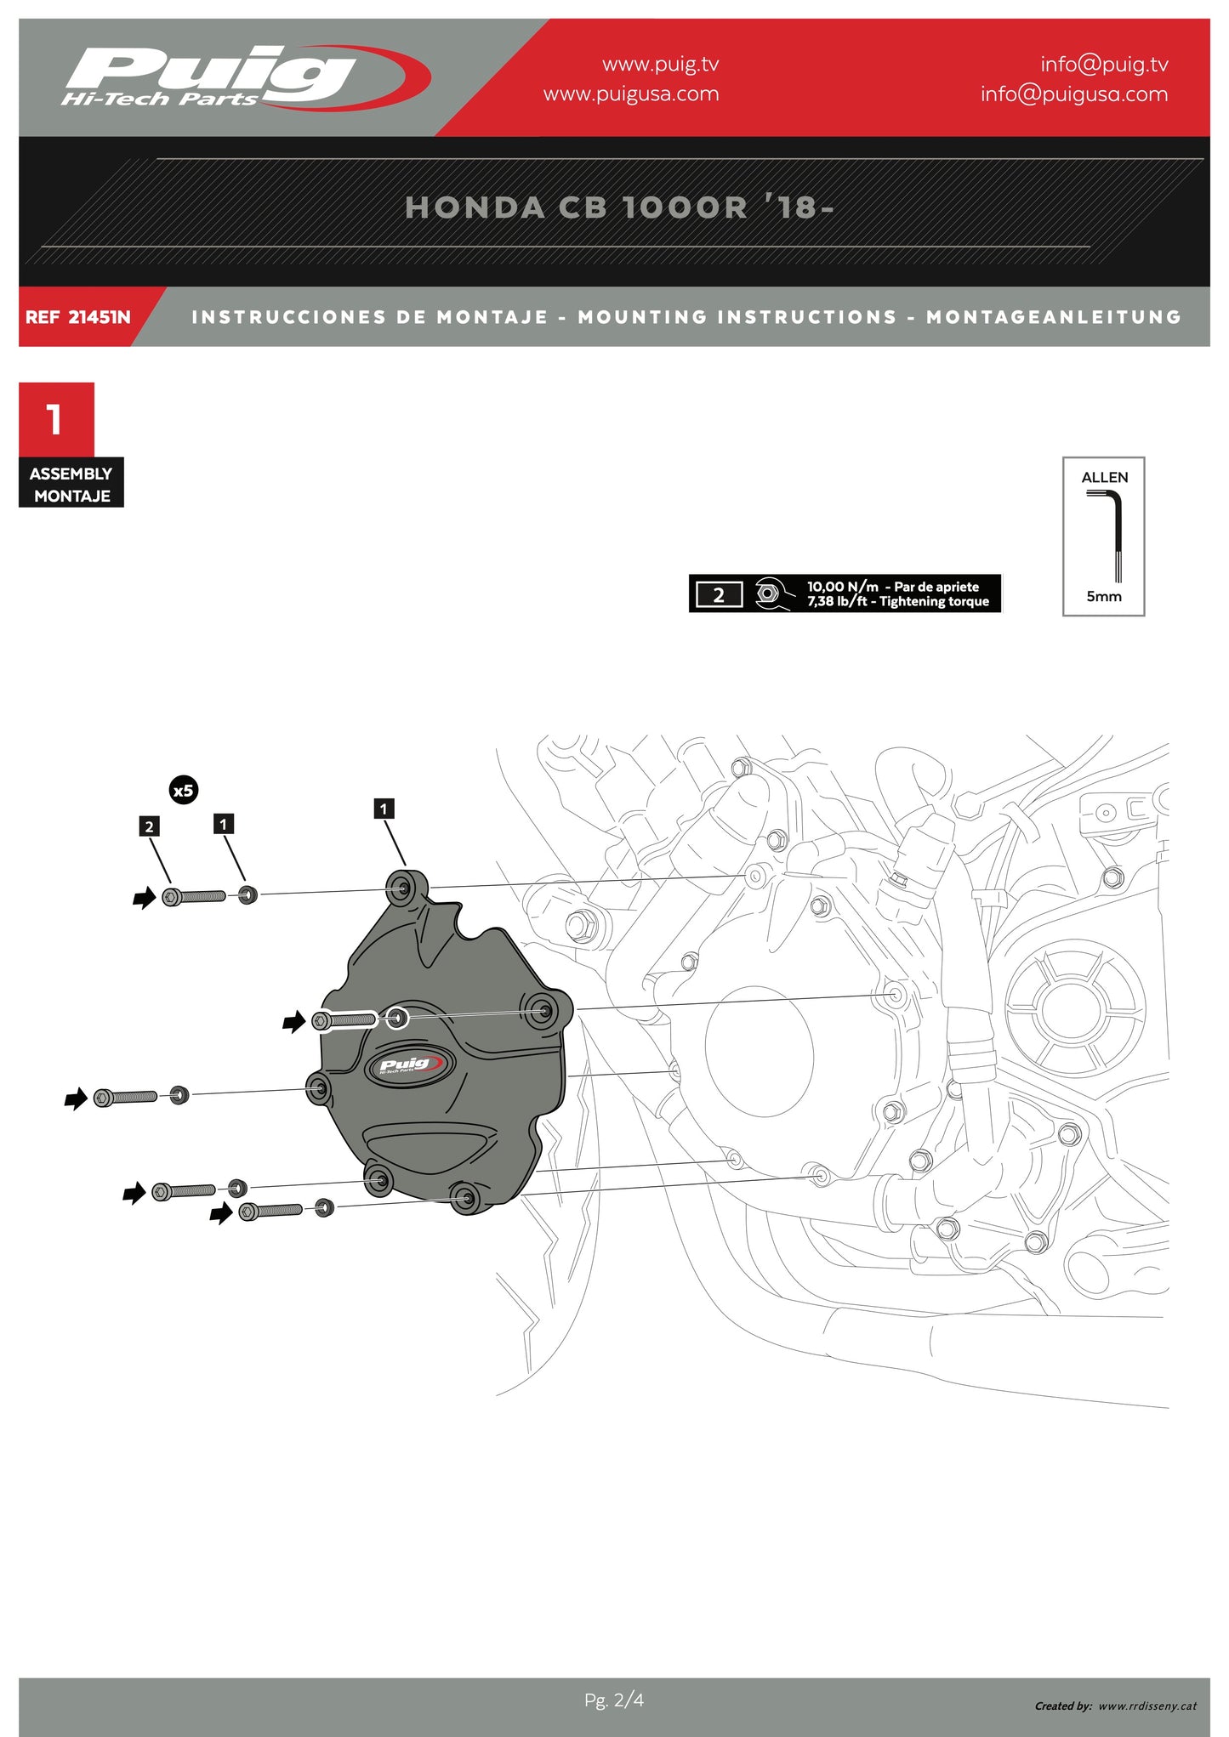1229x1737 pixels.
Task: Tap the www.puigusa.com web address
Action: (x=631, y=94)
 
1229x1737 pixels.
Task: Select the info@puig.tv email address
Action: (x=1104, y=65)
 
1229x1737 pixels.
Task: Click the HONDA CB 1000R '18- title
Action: (x=619, y=207)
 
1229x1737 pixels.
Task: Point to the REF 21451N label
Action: (x=78, y=317)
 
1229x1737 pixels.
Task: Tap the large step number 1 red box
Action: (x=56, y=419)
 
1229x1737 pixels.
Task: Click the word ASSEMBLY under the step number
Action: (x=71, y=474)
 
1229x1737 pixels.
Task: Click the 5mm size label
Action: (x=1104, y=597)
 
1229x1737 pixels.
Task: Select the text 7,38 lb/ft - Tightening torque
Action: (x=898, y=602)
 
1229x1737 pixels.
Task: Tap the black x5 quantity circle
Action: (x=184, y=791)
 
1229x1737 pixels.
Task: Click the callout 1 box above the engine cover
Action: (x=384, y=809)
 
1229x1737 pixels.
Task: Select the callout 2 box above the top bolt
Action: (x=150, y=826)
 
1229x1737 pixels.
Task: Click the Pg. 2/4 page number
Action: (x=614, y=1700)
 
